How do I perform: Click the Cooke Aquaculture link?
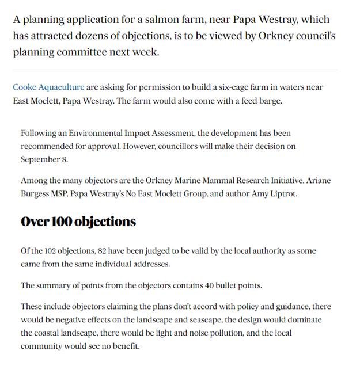click(x=48, y=87)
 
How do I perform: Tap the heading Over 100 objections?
click(x=78, y=222)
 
